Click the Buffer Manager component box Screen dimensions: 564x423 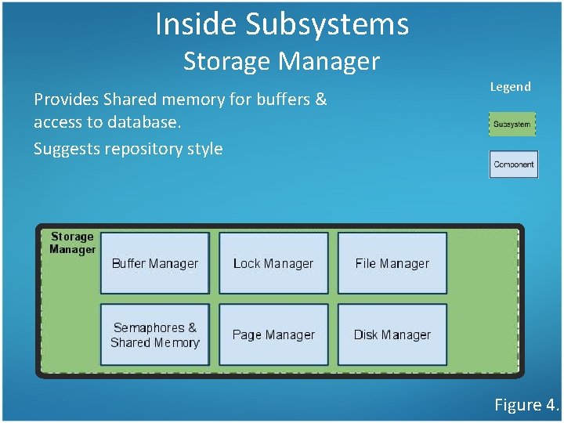155,263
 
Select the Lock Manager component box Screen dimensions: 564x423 273,263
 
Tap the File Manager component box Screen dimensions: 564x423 392,263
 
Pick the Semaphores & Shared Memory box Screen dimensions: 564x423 155,334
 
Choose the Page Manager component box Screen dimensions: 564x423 273,334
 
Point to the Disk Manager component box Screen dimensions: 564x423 392,334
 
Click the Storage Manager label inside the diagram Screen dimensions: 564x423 72,243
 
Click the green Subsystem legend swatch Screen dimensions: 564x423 513,124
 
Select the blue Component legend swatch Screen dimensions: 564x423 513,164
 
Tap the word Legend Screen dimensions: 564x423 510,87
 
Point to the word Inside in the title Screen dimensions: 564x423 196,24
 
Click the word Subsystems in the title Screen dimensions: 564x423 327,24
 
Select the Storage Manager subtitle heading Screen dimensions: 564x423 281,60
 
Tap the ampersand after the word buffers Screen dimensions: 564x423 320,99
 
